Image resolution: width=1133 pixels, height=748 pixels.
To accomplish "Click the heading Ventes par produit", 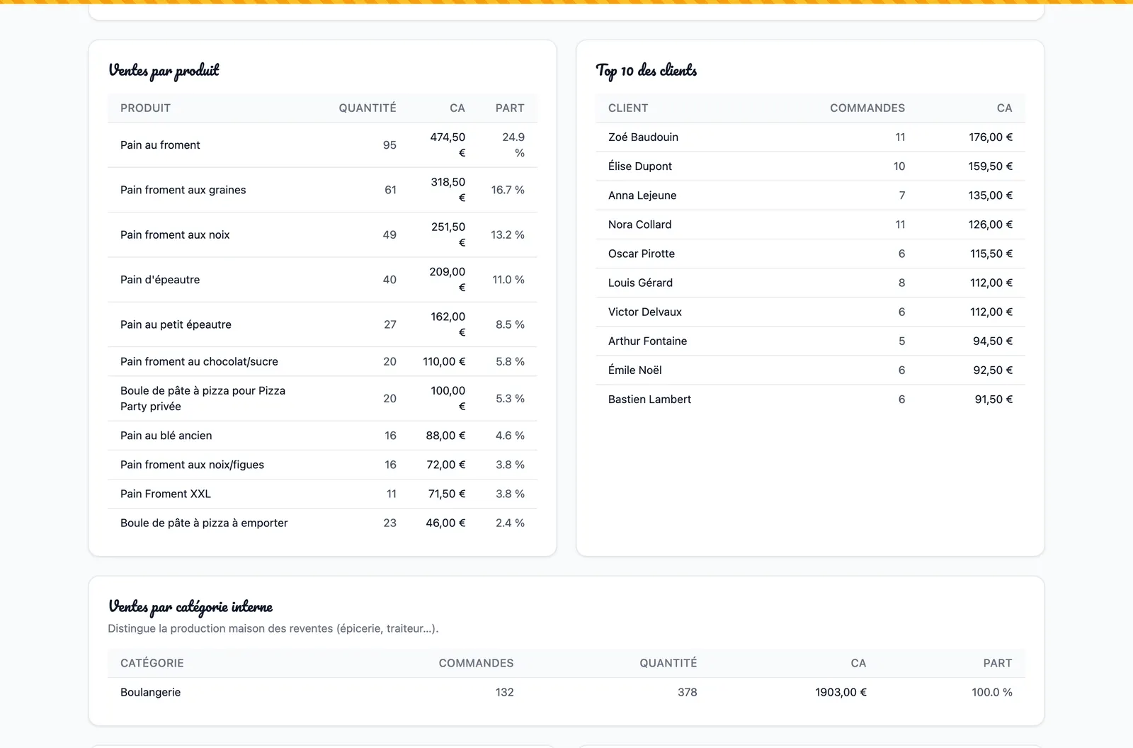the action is [164, 70].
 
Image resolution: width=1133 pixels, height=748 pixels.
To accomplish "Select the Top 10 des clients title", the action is [647, 70].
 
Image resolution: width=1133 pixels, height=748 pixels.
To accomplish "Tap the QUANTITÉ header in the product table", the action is [368, 108].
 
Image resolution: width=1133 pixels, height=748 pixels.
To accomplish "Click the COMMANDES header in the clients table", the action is [867, 108].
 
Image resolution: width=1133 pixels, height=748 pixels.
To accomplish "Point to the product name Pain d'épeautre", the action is [160, 279].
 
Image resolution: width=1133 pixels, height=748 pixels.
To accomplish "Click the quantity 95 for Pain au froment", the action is [389, 144].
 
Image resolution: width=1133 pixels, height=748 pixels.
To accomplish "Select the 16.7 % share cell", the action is [507, 190].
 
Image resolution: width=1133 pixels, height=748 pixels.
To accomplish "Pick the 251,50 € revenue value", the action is [448, 234].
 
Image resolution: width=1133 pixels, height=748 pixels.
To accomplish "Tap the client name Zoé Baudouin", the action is [643, 137].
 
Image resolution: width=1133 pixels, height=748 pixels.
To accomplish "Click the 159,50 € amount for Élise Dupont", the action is [990, 166].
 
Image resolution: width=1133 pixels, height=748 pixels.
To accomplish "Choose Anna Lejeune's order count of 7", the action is [902, 195].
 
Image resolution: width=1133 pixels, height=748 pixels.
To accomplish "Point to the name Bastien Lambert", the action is [649, 399].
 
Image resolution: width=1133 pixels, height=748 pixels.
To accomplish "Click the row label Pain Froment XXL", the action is [166, 494].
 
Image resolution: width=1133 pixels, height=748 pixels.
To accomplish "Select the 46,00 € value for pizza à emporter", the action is [445, 523].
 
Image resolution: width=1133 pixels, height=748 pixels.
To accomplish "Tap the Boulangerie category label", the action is [150, 692].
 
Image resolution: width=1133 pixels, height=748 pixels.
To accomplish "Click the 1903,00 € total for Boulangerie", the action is [841, 692].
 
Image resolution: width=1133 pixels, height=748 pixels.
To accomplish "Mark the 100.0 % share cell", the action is [991, 692].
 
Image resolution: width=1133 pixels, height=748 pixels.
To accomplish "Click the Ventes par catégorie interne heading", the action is [190, 607].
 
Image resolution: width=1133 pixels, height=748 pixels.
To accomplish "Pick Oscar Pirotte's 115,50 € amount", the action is [991, 254].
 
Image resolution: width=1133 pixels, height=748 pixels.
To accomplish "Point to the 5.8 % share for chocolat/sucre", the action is [510, 361].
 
